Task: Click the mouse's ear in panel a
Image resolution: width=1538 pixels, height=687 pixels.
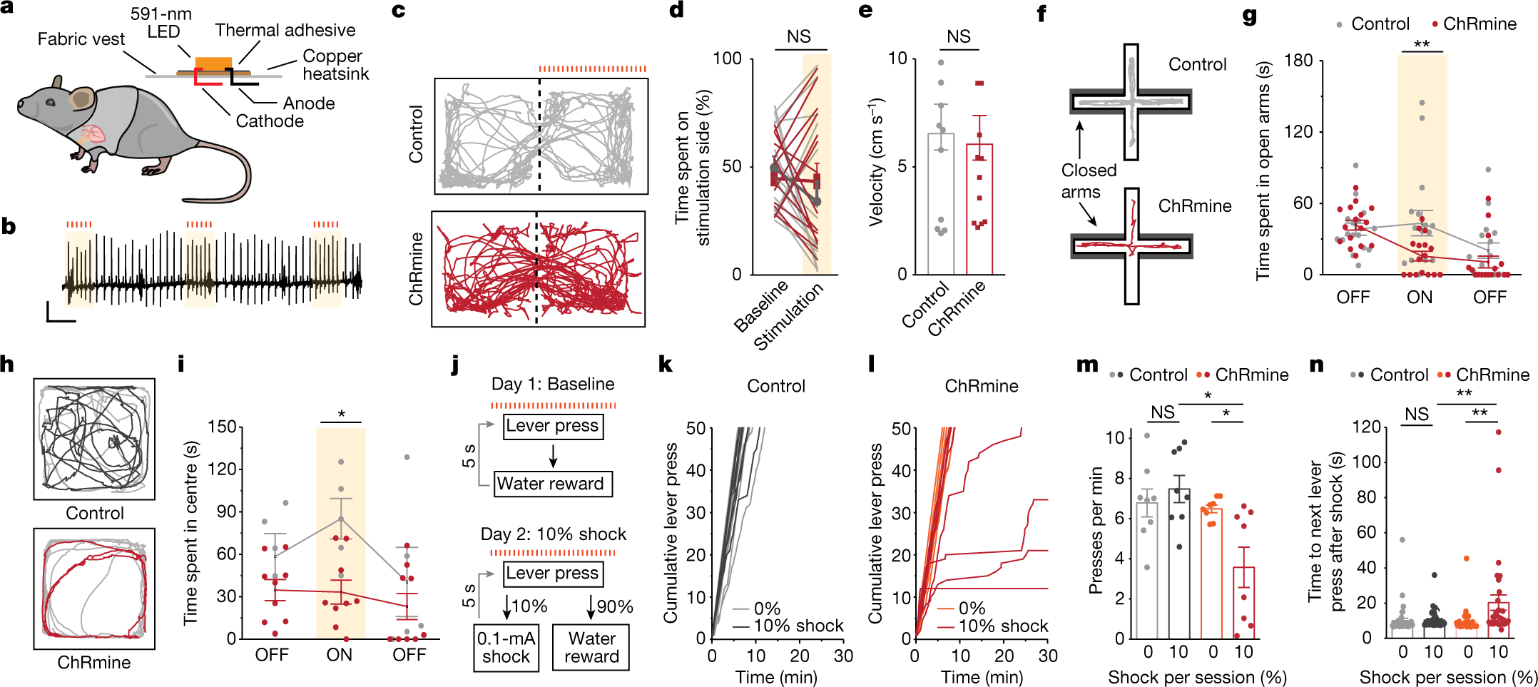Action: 83,98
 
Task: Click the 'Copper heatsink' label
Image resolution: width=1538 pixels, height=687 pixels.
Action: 334,65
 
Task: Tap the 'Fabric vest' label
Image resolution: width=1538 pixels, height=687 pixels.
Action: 81,39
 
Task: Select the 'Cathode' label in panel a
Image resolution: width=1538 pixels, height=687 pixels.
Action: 270,121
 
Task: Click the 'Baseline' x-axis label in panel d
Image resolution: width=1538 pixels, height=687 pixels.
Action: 761,306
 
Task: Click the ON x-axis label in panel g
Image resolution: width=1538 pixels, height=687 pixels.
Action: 1419,297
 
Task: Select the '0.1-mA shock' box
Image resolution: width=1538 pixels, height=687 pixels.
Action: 506,647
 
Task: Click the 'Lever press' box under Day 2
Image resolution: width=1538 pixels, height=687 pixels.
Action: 552,573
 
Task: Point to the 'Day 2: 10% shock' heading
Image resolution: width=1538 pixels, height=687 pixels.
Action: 553,534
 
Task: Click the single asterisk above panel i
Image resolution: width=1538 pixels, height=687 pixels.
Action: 341,414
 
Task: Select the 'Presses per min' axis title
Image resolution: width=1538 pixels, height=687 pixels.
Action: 1096,530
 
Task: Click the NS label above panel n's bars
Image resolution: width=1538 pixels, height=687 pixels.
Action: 1416,414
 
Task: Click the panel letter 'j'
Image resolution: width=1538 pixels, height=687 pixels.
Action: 455,366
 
